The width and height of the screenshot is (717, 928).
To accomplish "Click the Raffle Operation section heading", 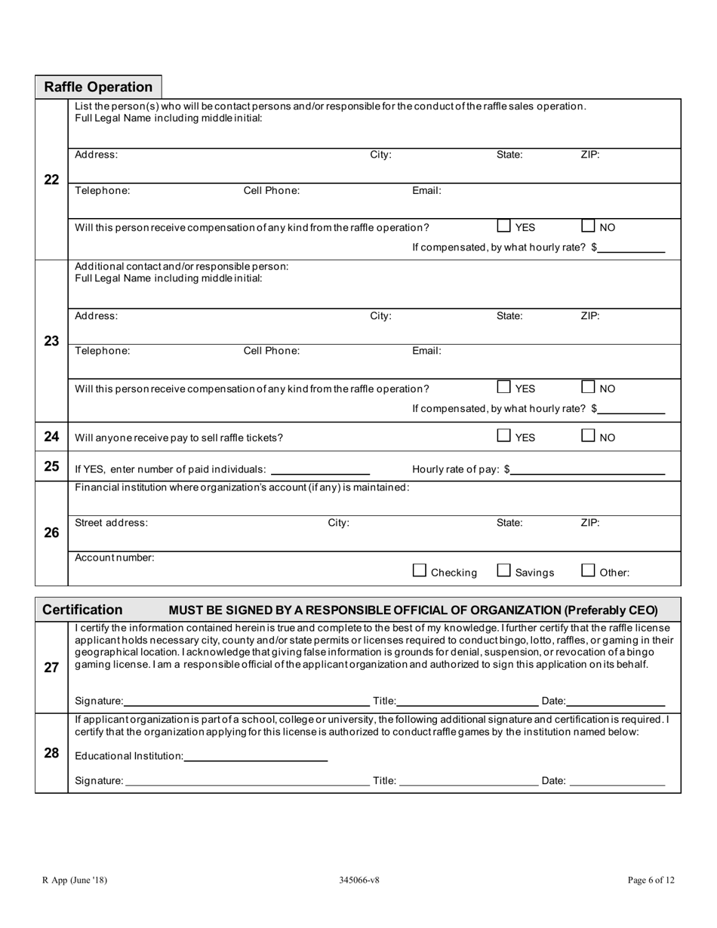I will [98, 87].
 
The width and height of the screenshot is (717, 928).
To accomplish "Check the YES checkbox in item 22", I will [503, 226].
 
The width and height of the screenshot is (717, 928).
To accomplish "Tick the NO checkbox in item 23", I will [588, 387].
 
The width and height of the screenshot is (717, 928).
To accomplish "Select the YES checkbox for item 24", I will [503, 435].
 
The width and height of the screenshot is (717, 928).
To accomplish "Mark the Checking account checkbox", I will [420, 571].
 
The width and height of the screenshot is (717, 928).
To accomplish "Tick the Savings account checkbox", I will [503, 571].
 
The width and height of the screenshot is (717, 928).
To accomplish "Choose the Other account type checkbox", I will [588, 571].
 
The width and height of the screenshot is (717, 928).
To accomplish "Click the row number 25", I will [51, 466].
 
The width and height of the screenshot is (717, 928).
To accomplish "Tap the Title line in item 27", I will [467, 703].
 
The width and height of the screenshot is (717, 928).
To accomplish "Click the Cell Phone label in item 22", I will [271, 191].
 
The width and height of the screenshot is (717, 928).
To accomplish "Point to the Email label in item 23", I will [426, 351].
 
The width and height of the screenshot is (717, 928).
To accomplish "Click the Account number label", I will [115, 558].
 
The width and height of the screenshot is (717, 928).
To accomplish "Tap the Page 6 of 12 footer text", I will [651, 880].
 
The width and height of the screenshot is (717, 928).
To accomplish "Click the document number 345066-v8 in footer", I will [359, 880].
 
